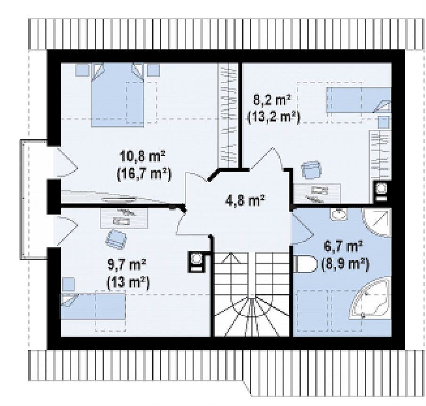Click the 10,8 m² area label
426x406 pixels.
tap(143, 157)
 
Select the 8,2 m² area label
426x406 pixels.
tap(272, 100)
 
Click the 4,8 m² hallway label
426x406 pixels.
tap(245, 201)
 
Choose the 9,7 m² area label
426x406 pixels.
tap(127, 264)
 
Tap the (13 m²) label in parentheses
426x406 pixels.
tap(129, 282)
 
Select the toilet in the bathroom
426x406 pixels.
tap(305, 263)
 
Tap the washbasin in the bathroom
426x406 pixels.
tap(339, 214)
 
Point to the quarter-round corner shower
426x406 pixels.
tap(377, 222)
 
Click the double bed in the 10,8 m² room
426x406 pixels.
tap(117, 95)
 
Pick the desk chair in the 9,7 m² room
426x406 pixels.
tap(116, 239)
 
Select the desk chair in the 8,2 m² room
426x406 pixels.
tap(311, 170)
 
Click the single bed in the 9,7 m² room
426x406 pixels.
tap(93, 306)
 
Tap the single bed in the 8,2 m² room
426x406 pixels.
tap(359, 100)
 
